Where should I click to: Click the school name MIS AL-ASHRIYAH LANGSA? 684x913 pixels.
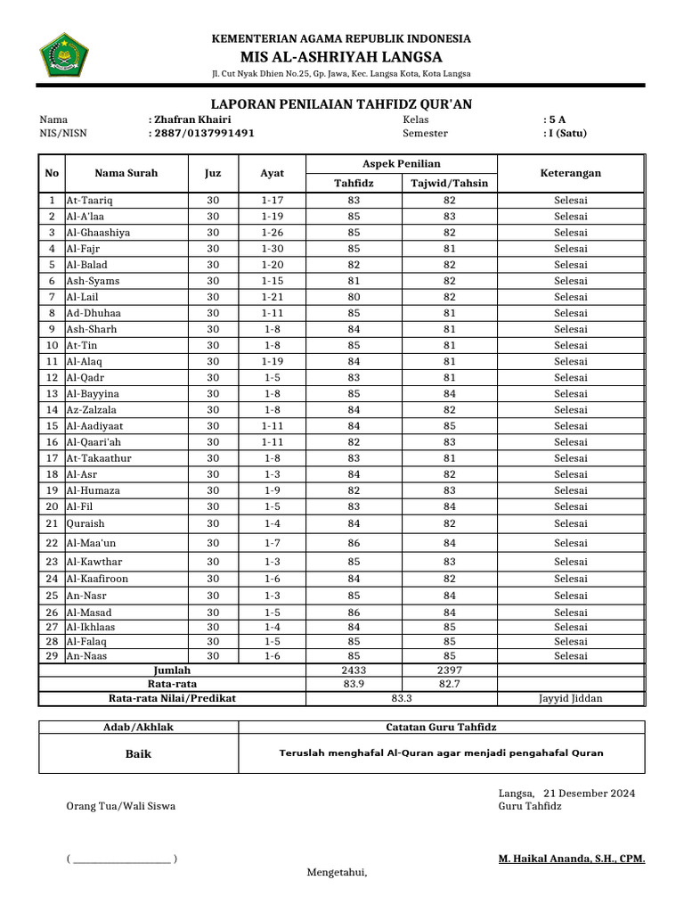(341, 56)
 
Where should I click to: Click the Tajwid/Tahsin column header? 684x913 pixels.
(449, 183)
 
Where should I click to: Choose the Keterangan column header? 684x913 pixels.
(571, 173)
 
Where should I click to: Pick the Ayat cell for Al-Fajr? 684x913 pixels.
(272, 248)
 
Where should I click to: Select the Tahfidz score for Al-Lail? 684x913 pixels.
(354, 296)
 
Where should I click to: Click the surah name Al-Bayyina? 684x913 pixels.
(93, 393)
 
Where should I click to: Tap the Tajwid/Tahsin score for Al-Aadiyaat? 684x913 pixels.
(449, 425)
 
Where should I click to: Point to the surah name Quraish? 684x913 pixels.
(85, 523)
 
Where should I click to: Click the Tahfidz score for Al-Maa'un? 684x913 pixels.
(354, 543)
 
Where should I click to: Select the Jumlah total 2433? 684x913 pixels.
(354, 670)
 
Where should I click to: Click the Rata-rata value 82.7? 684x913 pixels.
(449, 684)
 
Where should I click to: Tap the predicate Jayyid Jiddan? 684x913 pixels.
(571, 698)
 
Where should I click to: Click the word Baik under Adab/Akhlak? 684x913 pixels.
(138, 753)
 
